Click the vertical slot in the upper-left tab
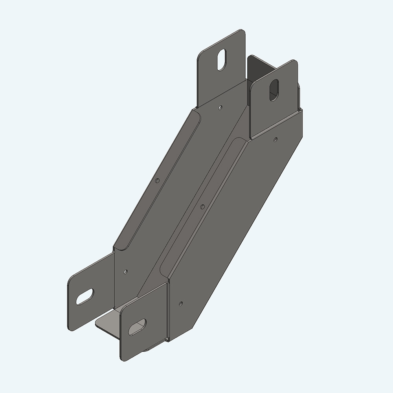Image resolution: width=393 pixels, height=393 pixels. (x=223, y=59)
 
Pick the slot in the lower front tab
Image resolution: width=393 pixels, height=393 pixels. (x=137, y=327)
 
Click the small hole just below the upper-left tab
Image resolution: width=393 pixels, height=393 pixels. (x=220, y=107)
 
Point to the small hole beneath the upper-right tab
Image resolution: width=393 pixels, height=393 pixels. (x=275, y=139)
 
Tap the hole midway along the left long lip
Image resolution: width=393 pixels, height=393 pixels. (x=157, y=181)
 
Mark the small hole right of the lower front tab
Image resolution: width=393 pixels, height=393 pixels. (x=180, y=303)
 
